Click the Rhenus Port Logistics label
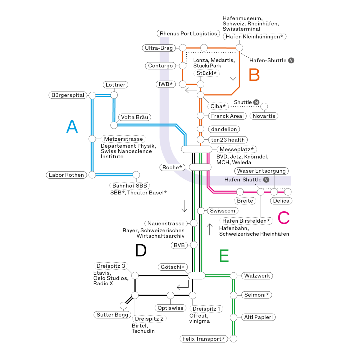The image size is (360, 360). (188, 34)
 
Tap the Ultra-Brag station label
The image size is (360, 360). (159, 48)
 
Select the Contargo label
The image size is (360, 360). (160, 66)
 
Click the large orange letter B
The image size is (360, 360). (254, 75)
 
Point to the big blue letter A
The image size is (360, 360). (72, 127)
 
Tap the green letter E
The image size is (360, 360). (224, 256)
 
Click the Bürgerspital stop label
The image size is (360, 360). (68, 95)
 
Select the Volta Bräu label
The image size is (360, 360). (134, 117)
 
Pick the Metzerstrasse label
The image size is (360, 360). (123, 139)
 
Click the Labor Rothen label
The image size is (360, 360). (66, 175)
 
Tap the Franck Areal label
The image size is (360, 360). (227, 116)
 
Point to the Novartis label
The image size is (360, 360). (264, 116)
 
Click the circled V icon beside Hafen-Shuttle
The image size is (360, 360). (266, 180)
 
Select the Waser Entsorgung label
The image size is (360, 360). (261, 171)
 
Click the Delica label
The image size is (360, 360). (281, 201)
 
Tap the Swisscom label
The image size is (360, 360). (222, 211)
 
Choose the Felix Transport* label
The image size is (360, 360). (204, 339)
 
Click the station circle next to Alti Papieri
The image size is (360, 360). (234, 317)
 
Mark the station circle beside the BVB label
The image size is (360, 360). (194, 245)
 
